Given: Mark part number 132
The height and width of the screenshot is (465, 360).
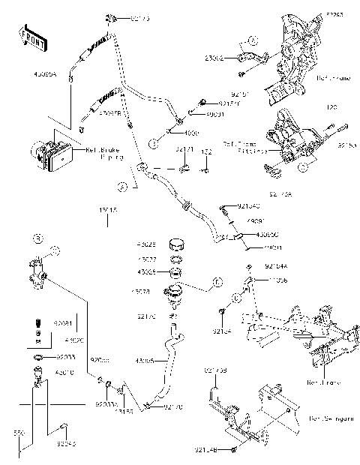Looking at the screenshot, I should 206,151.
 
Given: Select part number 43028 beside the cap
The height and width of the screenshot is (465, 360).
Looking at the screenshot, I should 146,244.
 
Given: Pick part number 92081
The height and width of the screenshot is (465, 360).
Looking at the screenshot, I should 63,323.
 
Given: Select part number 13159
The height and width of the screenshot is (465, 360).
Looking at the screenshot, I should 124,411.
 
